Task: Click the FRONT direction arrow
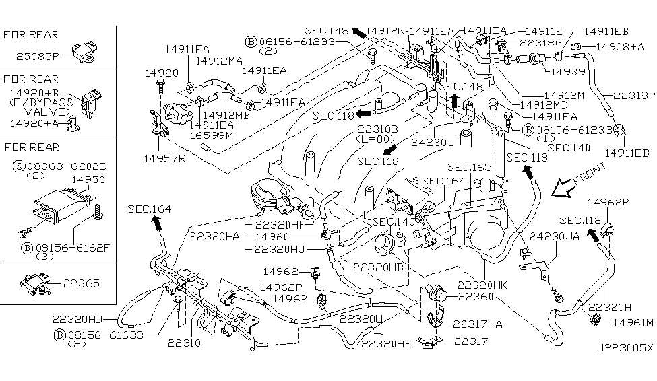coord(563,189)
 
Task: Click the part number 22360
coord(477,296)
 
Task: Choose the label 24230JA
coord(554,236)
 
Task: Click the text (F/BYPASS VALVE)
coord(40,108)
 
